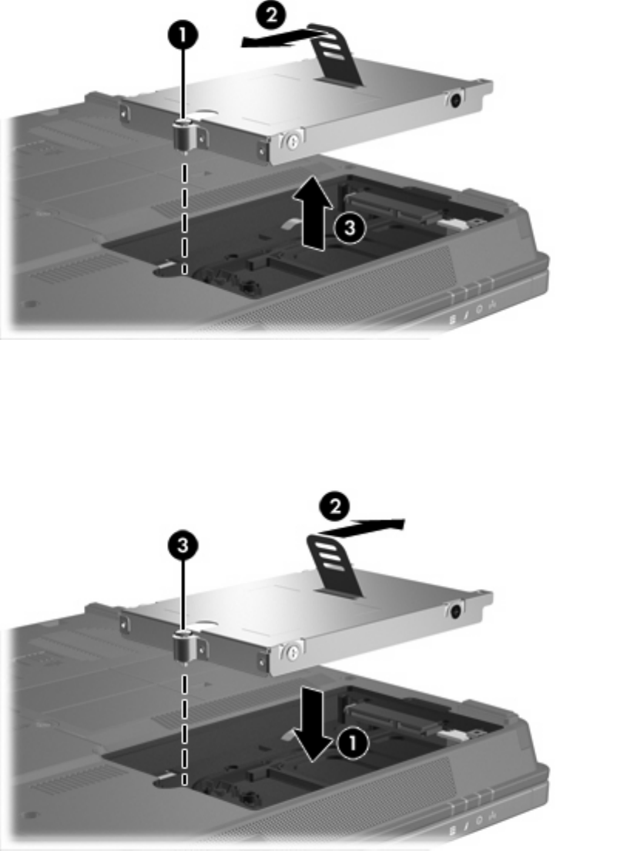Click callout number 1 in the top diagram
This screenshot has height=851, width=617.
(x=183, y=35)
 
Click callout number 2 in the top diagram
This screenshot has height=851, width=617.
(x=271, y=15)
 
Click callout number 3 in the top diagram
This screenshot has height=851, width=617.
(x=350, y=228)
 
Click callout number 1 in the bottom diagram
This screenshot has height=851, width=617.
(x=353, y=744)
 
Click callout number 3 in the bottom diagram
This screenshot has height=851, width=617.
(x=183, y=545)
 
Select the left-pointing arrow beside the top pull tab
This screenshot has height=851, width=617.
(x=284, y=39)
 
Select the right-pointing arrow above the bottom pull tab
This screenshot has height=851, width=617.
(x=360, y=526)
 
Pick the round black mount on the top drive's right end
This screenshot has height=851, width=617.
(x=455, y=99)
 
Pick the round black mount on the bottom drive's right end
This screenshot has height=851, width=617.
(x=455, y=610)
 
